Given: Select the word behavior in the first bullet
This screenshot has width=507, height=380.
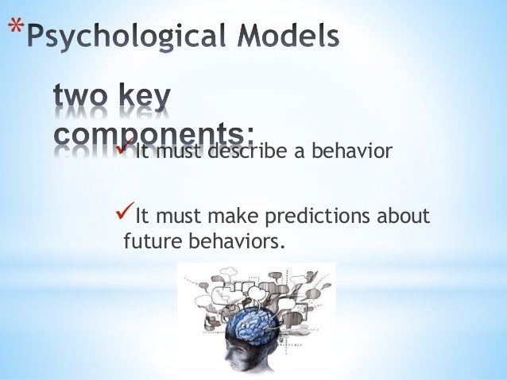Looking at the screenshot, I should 352,152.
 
